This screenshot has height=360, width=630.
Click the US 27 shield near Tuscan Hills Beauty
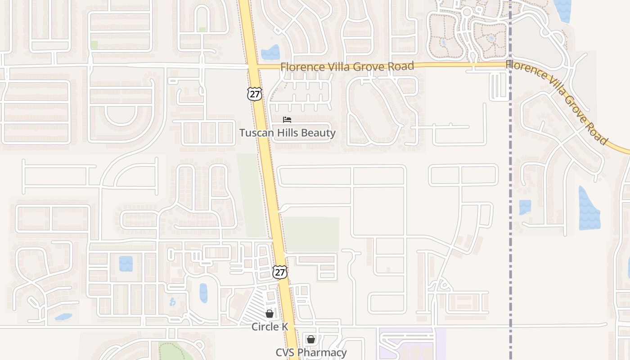254,94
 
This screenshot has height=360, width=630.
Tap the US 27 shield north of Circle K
279,272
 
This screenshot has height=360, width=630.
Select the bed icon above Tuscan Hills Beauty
287,120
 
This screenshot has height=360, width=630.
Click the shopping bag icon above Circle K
269,313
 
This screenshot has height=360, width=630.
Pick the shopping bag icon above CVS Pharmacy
310,339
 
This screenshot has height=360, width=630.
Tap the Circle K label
270,327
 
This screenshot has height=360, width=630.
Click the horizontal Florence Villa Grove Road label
346,67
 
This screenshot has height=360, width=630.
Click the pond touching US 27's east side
270,52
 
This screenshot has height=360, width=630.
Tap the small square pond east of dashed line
525,207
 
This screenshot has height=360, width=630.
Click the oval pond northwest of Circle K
203,292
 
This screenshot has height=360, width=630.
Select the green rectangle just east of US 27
311,234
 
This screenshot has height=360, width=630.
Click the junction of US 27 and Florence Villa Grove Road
253,67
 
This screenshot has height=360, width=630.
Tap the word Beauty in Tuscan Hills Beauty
319,133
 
